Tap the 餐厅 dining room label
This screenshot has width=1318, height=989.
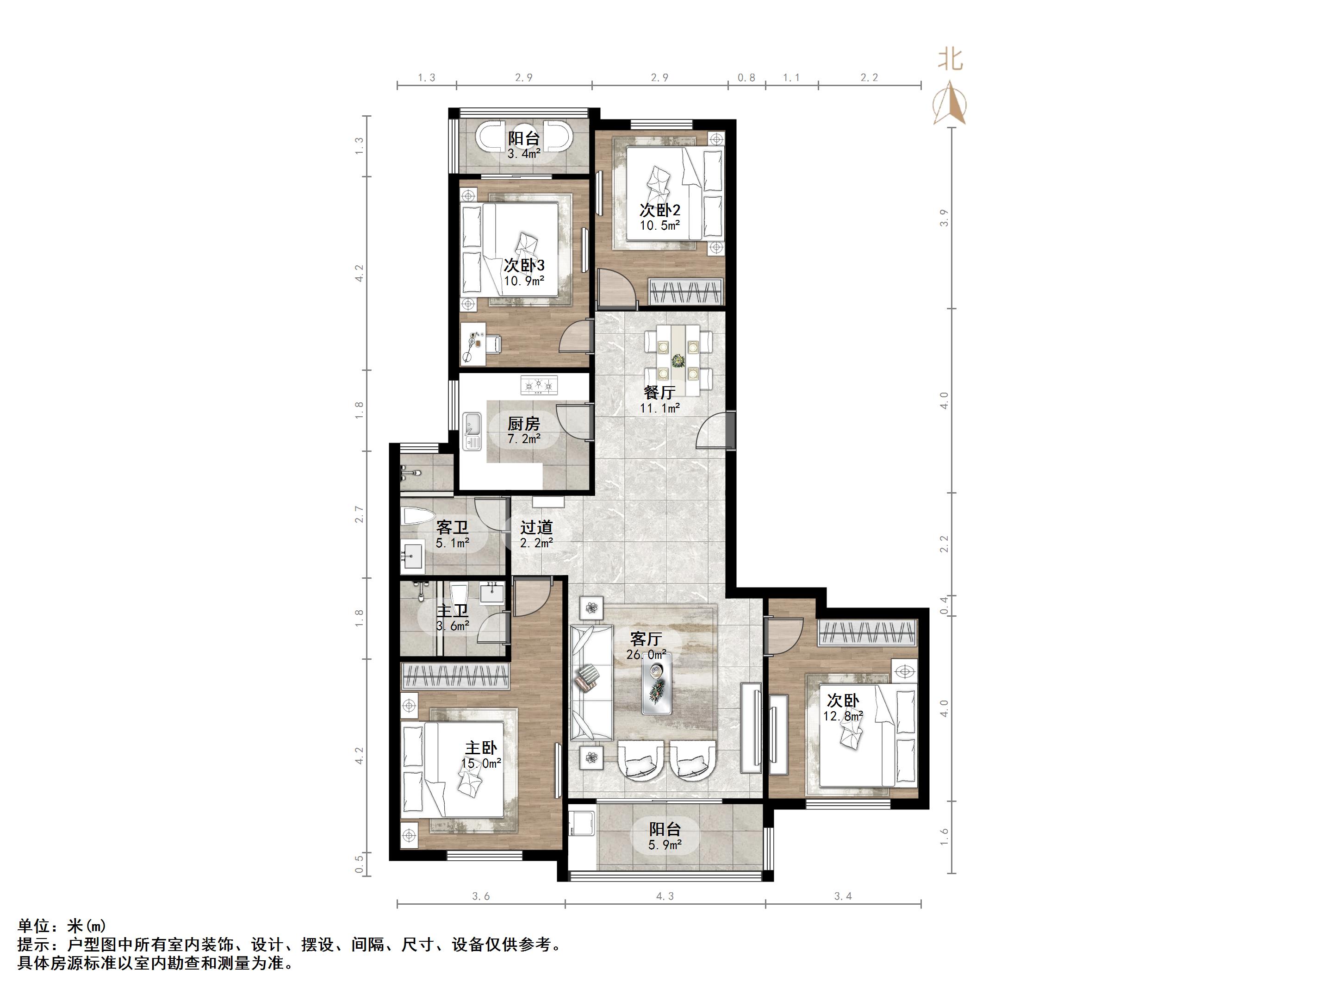659,392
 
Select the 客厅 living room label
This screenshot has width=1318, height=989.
646,639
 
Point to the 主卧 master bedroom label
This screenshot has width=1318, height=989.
481,748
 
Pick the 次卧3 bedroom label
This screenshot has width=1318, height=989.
524,265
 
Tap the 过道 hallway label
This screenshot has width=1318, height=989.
536,527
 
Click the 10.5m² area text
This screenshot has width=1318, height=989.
659,226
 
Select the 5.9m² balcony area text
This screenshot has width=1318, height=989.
665,845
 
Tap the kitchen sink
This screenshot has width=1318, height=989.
472,431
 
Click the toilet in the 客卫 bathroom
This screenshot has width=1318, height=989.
414,516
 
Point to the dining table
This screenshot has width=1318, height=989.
678,360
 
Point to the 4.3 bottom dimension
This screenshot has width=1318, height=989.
665,896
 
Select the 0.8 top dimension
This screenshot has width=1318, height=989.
746,77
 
